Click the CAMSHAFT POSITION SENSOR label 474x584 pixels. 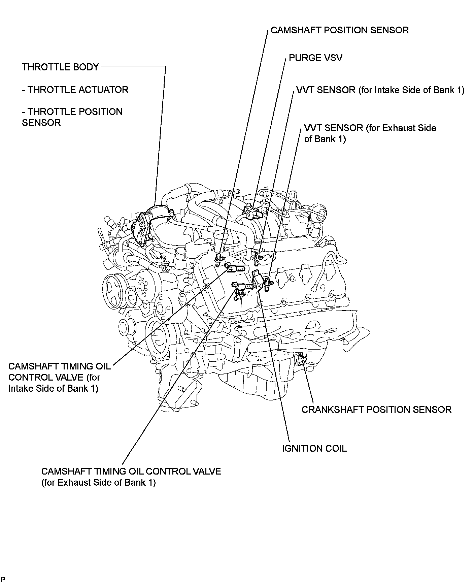coord(339,30)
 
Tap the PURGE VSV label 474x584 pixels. coord(315,58)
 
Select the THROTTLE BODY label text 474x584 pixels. coord(61,67)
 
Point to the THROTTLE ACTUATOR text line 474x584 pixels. coord(75,90)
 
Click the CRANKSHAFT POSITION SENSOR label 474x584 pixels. coord(376,410)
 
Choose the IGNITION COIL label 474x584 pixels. coord(314,449)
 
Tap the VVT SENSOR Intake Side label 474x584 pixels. coord(380,90)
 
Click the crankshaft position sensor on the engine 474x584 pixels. coord(302,360)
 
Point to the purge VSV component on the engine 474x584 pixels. coord(252,213)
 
